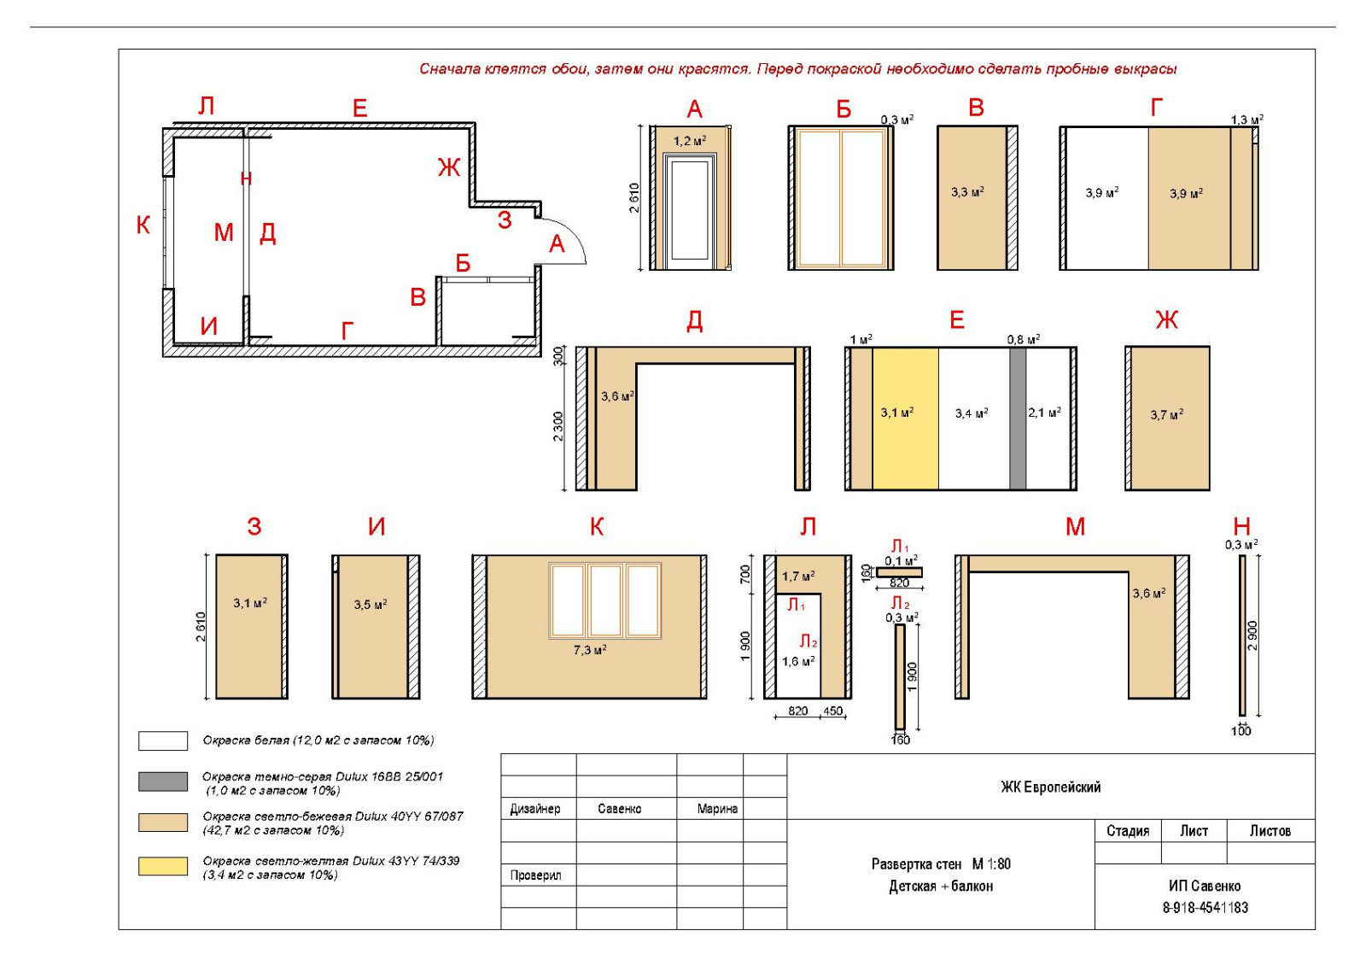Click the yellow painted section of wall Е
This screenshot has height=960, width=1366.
point(905,419)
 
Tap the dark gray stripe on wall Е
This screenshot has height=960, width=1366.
point(1017,419)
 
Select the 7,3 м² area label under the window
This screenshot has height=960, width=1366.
point(589,650)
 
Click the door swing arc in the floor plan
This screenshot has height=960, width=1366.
point(570,231)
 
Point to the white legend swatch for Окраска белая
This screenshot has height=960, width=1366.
point(163,740)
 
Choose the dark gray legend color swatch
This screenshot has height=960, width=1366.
point(163,781)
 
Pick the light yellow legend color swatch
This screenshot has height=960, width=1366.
point(163,866)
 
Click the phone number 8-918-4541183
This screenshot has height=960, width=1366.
point(1205,908)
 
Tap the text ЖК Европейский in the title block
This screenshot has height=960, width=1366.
point(1051,787)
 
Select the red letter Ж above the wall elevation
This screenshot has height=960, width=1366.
point(1166,319)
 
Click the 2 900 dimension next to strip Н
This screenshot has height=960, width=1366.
point(1252,635)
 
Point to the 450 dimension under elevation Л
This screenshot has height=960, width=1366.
point(832,711)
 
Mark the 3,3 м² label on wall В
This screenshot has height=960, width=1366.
point(968,192)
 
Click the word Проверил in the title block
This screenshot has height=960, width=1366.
point(535,875)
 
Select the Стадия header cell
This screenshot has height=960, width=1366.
point(1128,831)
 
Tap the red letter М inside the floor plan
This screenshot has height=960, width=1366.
point(224,232)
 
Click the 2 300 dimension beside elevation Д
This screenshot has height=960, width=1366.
point(558,427)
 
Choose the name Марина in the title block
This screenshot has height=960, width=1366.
point(717,809)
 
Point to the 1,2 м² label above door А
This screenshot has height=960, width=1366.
point(690,141)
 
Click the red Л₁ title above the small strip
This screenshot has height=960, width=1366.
point(901,546)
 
